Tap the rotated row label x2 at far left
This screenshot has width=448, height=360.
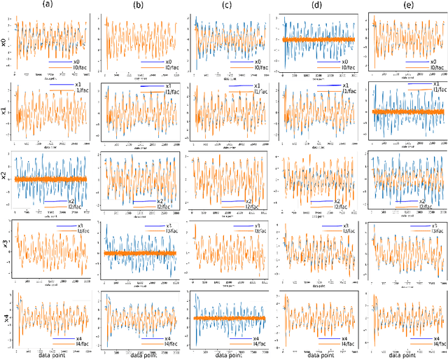(4, 179)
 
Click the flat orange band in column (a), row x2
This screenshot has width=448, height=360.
(49, 179)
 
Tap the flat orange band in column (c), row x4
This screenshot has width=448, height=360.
(227, 318)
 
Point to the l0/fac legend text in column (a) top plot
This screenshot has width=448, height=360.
(73, 67)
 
